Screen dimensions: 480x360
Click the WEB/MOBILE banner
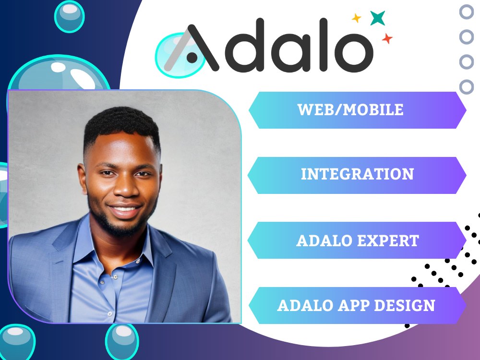pyautogui.click(x=357, y=110)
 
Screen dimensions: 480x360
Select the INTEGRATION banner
pyautogui.click(x=357, y=175)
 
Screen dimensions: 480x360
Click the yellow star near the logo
pyautogui.click(x=356, y=18)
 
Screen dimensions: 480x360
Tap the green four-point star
pyautogui.click(x=377, y=18)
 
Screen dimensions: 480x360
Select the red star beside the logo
pyautogui.click(x=387, y=38)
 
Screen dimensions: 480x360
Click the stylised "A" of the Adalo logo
pyautogui.click(x=192, y=48)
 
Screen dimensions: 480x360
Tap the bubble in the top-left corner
pyautogui.click(x=69, y=16)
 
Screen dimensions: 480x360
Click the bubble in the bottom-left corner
pyautogui.click(x=17, y=342)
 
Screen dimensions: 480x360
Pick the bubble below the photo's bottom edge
pyautogui.click(x=122, y=342)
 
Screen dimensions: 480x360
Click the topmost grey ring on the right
pyautogui.click(x=467, y=12)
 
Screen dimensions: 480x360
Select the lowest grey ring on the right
pyautogui.click(x=467, y=86)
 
